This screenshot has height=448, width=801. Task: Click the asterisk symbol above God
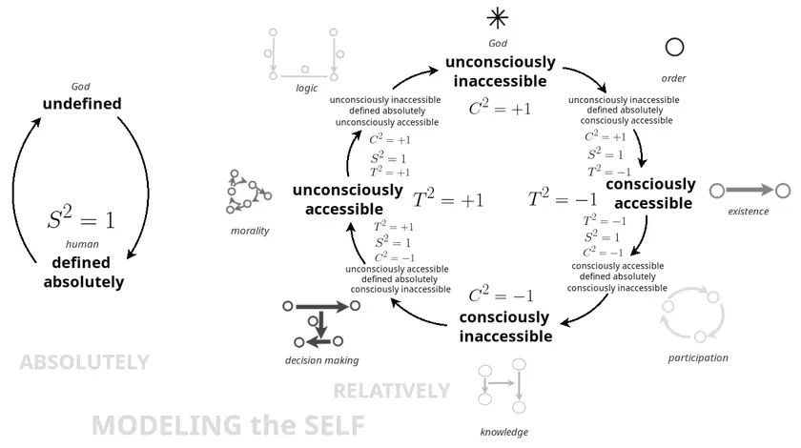(x=498, y=19)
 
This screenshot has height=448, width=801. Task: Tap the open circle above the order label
(x=674, y=47)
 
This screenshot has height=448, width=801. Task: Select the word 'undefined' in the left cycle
(x=82, y=104)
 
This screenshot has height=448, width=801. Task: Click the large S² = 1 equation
(x=81, y=218)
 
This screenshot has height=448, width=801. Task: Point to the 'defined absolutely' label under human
(x=83, y=273)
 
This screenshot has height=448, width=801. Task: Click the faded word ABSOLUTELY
(x=84, y=362)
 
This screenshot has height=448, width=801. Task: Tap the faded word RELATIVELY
(x=391, y=391)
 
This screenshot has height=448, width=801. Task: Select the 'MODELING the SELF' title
(x=228, y=425)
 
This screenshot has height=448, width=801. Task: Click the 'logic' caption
(x=306, y=89)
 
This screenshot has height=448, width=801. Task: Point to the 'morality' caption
(x=250, y=231)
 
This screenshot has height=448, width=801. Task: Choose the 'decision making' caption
(x=322, y=360)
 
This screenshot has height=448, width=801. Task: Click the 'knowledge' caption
(x=504, y=432)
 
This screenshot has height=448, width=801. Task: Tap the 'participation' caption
(x=698, y=358)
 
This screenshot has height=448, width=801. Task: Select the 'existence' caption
(x=749, y=212)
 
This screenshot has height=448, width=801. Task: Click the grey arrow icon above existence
(x=750, y=191)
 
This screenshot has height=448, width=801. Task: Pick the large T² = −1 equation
(x=563, y=198)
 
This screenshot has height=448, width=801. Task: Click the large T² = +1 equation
(x=448, y=198)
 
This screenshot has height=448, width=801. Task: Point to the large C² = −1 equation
(x=501, y=295)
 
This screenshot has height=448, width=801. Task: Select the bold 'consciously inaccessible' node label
(x=505, y=327)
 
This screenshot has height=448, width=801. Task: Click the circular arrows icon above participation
(x=692, y=315)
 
